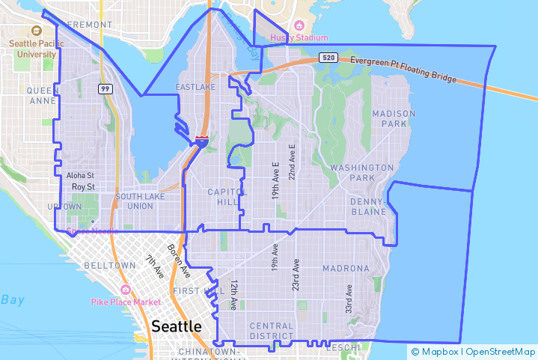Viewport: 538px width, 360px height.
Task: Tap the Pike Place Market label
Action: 126,302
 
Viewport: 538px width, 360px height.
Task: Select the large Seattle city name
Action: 177,326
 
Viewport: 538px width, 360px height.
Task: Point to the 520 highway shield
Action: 328,58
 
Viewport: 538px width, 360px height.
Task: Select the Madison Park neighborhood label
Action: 394,118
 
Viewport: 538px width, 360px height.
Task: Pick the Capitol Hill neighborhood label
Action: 227,197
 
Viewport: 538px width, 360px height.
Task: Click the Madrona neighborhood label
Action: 346,268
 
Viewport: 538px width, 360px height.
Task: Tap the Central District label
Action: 272,331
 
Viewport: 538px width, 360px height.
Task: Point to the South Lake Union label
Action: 135,201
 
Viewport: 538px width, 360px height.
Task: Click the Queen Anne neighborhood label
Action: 43,95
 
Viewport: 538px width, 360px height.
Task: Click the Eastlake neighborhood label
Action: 195,88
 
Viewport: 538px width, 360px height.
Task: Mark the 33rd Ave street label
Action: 349,299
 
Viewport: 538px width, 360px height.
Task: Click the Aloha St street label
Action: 80,175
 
